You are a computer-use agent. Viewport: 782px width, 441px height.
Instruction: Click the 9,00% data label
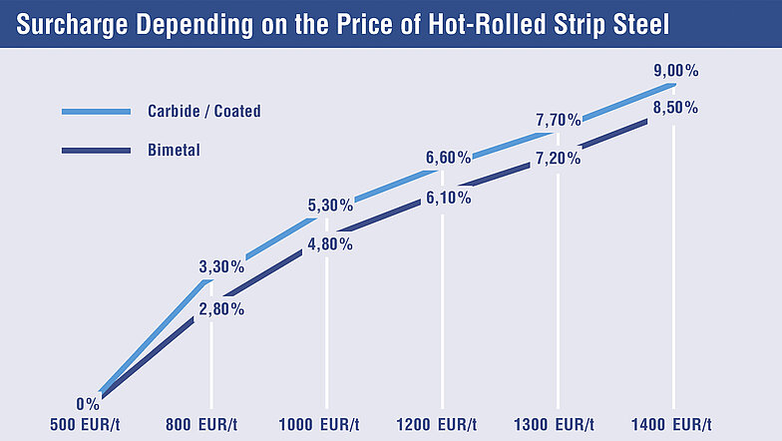(x=674, y=71)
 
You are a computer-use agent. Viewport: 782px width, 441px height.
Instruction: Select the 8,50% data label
(x=674, y=108)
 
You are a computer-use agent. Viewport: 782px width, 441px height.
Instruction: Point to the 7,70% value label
(x=558, y=121)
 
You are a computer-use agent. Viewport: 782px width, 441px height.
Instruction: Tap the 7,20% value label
(x=558, y=159)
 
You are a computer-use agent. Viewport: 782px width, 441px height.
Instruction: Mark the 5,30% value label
(x=329, y=206)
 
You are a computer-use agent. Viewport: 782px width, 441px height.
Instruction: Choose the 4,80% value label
(x=329, y=243)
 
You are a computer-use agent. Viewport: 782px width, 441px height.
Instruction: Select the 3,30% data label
(x=220, y=267)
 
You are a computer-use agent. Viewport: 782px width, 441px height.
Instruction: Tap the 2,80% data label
(x=220, y=308)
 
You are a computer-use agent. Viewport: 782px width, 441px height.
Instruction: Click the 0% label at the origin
(x=87, y=404)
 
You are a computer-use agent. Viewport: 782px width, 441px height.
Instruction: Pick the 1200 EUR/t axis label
(x=437, y=425)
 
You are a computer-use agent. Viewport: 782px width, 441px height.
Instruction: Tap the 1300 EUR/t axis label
(x=556, y=425)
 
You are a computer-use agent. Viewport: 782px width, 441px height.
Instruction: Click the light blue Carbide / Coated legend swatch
(x=96, y=111)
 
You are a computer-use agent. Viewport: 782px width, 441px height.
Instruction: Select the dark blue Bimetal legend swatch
(x=96, y=151)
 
